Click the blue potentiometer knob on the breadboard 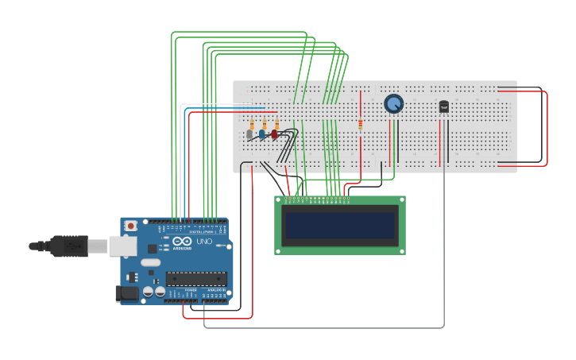coord(393,103)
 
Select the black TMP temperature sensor coord(443,106)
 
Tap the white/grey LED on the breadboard coord(249,135)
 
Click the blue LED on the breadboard coord(262,135)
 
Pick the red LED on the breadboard coord(275,134)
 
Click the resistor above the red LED coord(276,125)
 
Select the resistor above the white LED coord(252,125)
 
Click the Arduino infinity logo coord(182,242)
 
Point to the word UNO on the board coord(204,242)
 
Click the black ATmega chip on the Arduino coord(195,279)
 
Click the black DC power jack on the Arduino coord(127,293)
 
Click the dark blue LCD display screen coord(340,226)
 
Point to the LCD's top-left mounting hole coord(279,200)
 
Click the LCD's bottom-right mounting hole coord(401,250)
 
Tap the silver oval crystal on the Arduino coord(150,262)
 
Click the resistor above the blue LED coord(265,125)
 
